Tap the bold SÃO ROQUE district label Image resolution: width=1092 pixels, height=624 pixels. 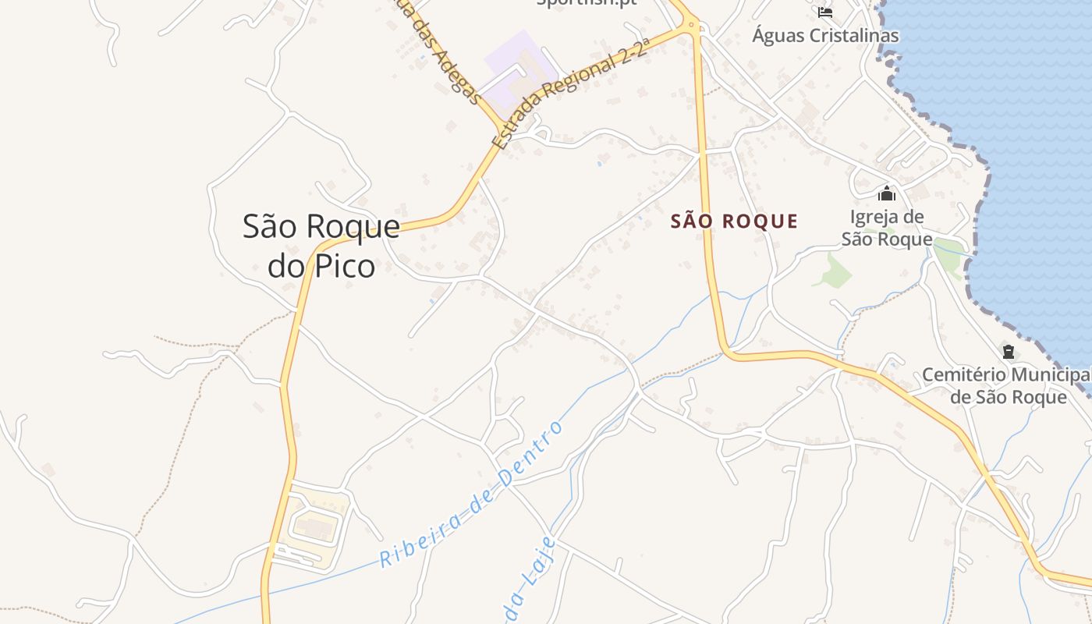734,222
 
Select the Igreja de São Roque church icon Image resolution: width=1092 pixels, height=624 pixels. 886,193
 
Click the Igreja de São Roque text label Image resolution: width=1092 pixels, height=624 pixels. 887,228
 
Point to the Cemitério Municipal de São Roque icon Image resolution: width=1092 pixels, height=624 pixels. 1009,352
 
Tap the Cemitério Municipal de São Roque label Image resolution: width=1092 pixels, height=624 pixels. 1007,385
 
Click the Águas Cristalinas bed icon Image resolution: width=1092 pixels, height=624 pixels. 825,12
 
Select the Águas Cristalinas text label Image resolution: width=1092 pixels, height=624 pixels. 825,35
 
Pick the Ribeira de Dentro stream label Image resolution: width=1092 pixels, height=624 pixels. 471,495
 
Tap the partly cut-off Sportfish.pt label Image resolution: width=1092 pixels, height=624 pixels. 587,2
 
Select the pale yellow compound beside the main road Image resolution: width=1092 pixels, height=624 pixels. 316,526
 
